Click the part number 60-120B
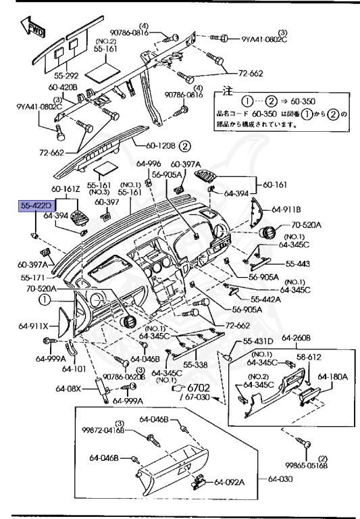click(x=161, y=145)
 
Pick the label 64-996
click(x=148, y=164)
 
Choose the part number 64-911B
click(x=286, y=210)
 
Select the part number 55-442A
click(x=267, y=299)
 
